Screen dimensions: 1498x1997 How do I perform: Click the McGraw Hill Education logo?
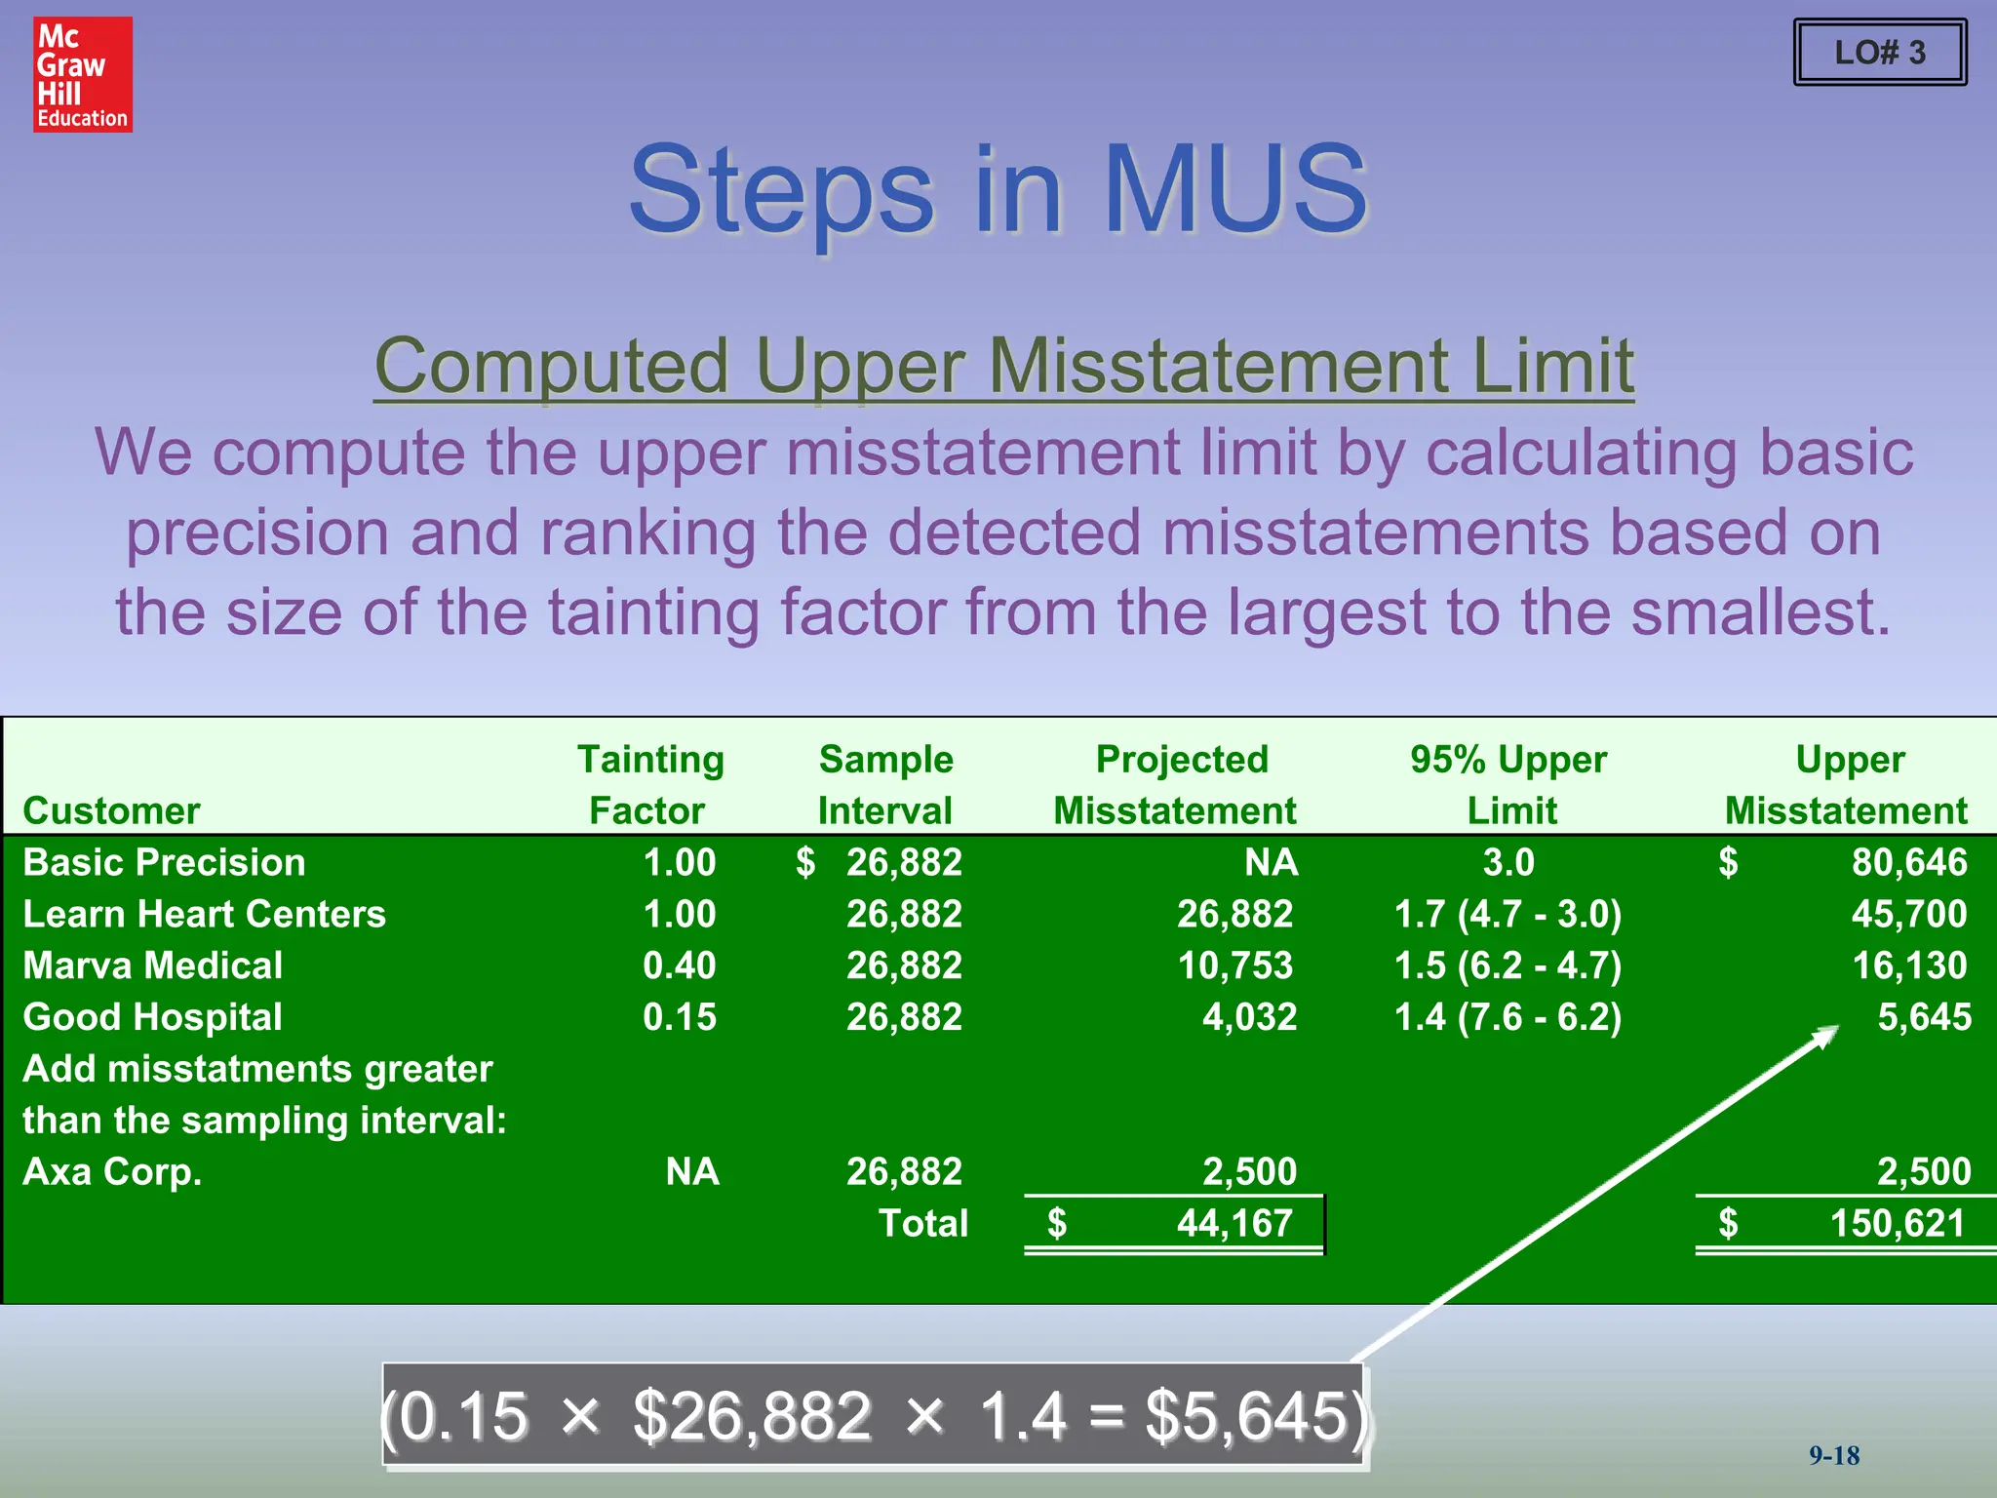82,74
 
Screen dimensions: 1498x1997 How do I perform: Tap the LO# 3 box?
1879,53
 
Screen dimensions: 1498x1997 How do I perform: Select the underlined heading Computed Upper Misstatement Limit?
1003,366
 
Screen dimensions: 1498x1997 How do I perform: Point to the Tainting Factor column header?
650,784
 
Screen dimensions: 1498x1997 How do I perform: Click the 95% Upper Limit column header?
1508,784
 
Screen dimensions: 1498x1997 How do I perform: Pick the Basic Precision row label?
164,863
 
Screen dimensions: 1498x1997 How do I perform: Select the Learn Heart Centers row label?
204,915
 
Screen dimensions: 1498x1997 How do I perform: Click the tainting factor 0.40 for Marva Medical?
679,966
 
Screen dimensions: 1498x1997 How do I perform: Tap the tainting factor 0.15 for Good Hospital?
679,1017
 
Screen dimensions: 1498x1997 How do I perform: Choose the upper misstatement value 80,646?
1908,863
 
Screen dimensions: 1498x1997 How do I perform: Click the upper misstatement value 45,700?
1908,915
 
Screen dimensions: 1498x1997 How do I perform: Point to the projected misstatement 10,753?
1234,966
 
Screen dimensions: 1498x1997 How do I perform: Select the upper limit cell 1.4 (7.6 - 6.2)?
1508,1017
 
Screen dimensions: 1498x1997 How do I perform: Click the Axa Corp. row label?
112,1171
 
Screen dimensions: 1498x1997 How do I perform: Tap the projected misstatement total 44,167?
1233,1223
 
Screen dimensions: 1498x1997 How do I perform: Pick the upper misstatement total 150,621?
1897,1223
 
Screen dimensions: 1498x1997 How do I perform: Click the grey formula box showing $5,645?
875,1415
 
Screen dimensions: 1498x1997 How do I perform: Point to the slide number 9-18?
1834,1456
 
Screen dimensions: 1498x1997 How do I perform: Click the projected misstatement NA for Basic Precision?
1271,863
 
